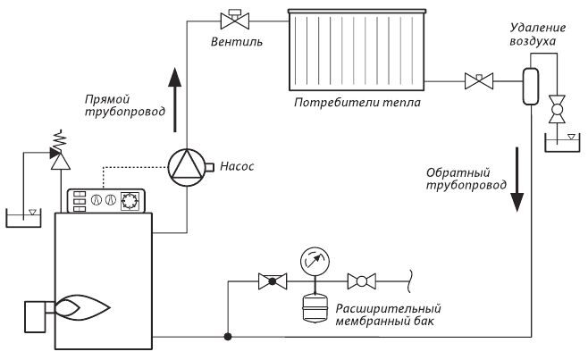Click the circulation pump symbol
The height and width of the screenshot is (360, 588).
pyautogui.click(x=187, y=168)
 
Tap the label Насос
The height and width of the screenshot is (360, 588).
pyautogui.click(x=237, y=166)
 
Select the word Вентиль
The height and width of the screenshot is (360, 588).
pyautogui.click(x=236, y=41)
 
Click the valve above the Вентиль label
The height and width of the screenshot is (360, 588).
pyautogui.click(x=235, y=20)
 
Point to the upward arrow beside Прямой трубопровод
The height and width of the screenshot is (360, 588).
pyautogui.click(x=175, y=100)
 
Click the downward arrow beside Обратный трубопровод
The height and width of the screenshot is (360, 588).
pyautogui.click(x=517, y=180)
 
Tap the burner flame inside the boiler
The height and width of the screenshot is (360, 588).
pyautogui.click(x=81, y=307)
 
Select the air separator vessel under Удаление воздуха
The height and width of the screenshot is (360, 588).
pyautogui.click(x=531, y=86)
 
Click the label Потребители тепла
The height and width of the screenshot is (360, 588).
pyautogui.click(x=357, y=103)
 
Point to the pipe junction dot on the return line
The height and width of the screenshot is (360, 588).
pyautogui.click(x=228, y=337)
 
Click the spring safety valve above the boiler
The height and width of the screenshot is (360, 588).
pyautogui.click(x=60, y=152)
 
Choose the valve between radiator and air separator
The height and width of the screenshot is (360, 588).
pyautogui.click(x=479, y=81)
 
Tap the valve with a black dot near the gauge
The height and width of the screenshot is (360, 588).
pyautogui.click(x=273, y=281)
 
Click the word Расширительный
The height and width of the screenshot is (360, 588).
pyautogui.click(x=388, y=308)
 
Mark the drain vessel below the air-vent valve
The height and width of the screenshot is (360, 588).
pyautogui.click(x=562, y=143)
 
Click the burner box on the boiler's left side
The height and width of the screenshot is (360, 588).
pyautogui.click(x=35, y=317)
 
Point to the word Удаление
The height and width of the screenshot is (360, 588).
pyautogui.click(x=538, y=28)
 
